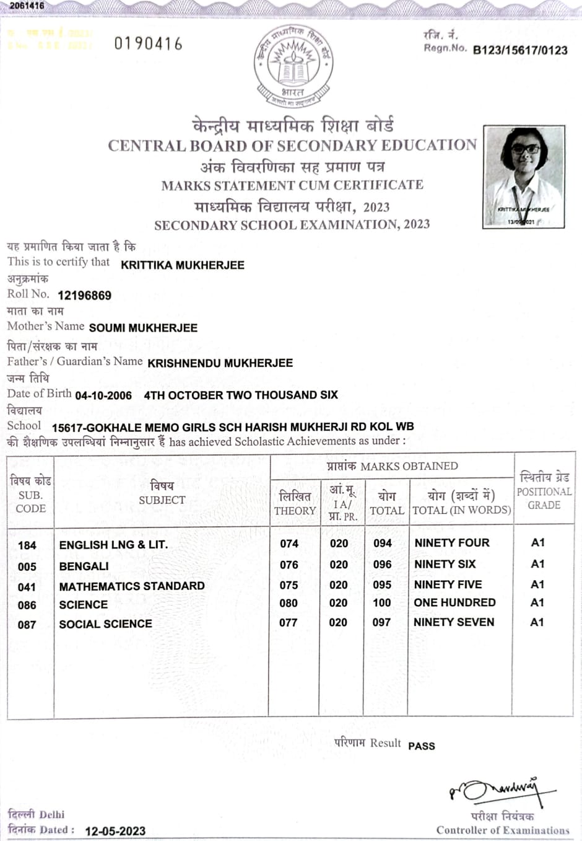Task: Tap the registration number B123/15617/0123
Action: pyautogui.click(x=520, y=50)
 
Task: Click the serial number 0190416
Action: pyautogui.click(x=149, y=44)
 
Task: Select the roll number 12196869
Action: pyautogui.click(x=84, y=296)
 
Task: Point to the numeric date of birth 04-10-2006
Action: pyautogui.click(x=103, y=395)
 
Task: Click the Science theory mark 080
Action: pyautogui.click(x=289, y=603)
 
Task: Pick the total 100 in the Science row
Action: pyautogui.click(x=382, y=603)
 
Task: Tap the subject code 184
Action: pyautogui.click(x=27, y=545)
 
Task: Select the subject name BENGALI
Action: pyautogui.click(x=84, y=566)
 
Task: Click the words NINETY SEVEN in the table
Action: pyautogui.click(x=454, y=622)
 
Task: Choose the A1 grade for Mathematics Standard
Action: pyautogui.click(x=537, y=584)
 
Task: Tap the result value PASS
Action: pyautogui.click(x=422, y=746)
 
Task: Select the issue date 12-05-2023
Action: pyautogui.click(x=115, y=831)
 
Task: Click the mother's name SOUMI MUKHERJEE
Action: pyautogui.click(x=143, y=328)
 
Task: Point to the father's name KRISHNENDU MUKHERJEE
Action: pyautogui.click(x=220, y=363)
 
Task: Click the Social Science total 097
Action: pyautogui.click(x=381, y=622)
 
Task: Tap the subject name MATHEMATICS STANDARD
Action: pyautogui.click(x=132, y=586)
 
